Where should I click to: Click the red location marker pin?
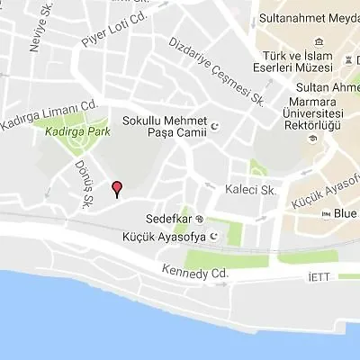coord(115,188)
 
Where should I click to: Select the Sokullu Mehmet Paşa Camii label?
coord(164,127)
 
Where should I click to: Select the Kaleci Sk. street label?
coord(255,190)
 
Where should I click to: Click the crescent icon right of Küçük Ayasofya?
coord(214,238)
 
